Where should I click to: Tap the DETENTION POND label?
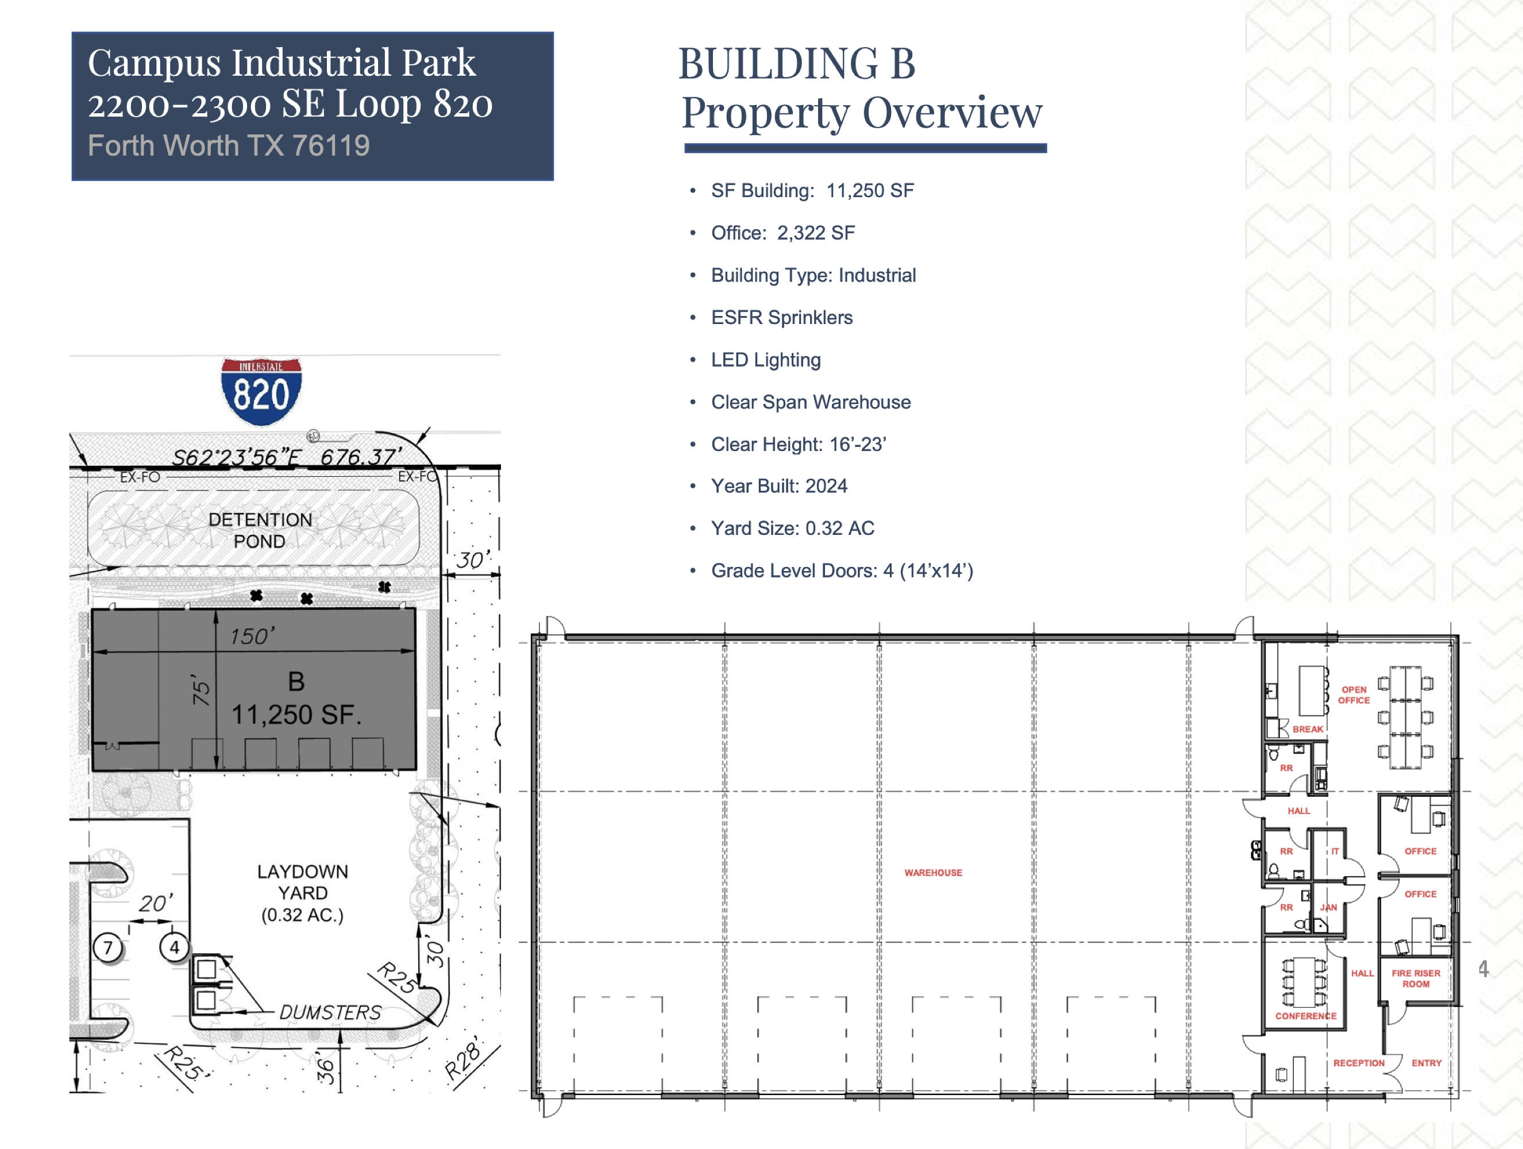[x=260, y=530]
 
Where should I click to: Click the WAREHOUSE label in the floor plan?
[x=933, y=872]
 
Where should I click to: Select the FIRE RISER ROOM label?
[x=1416, y=978]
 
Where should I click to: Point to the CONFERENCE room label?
[x=1305, y=1016]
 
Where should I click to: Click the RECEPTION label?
[x=1359, y=1063]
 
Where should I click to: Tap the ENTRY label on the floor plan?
[x=1426, y=1063]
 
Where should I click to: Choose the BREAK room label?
[x=1308, y=729]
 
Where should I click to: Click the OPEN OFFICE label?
[x=1354, y=695]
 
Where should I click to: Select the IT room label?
[x=1335, y=851]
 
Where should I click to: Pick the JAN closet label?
[x=1328, y=907]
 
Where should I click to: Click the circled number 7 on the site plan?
[x=108, y=947]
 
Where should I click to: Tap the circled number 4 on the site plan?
[x=174, y=947]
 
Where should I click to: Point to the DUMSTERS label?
[x=330, y=1012]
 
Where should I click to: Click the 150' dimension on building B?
[x=252, y=635]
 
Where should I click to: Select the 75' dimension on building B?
[x=201, y=690]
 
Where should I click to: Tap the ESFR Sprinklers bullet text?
[x=781, y=317]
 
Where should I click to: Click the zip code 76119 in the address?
[x=330, y=145]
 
